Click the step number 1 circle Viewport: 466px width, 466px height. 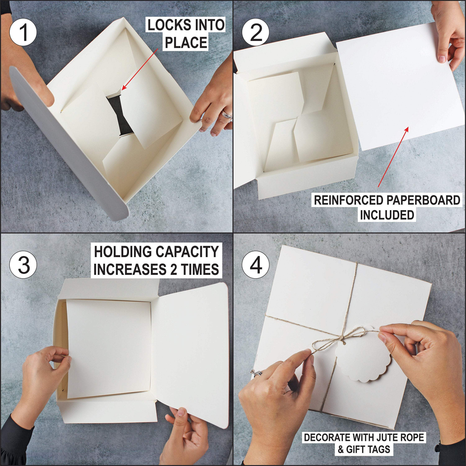point(23,32)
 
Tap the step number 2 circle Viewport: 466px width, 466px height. point(255,32)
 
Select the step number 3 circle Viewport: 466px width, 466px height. point(23,265)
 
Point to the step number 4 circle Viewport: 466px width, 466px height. point(255,265)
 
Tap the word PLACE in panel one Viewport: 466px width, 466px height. point(186,42)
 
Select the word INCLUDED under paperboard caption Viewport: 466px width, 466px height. point(387,215)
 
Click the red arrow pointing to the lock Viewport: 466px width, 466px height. point(140,69)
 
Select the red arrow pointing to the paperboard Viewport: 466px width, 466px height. point(393,157)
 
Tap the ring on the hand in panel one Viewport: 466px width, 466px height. point(227,115)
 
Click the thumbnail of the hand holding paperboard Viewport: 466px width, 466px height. point(442,58)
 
